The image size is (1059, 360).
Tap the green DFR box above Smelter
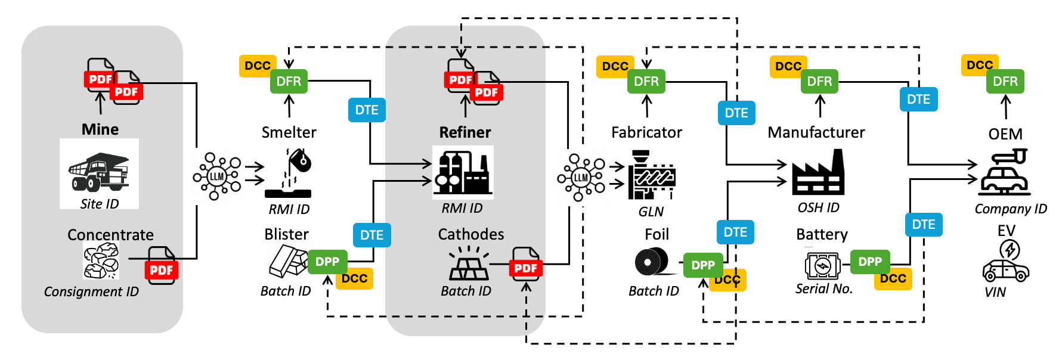[289, 81]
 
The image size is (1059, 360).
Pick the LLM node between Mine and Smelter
[216, 176]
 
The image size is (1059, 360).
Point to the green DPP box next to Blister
[327, 262]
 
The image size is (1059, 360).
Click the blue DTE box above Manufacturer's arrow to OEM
[918, 99]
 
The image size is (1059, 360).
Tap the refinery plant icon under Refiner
[463, 172]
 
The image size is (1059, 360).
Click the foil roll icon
[651, 262]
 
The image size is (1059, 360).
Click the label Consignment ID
[91, 291]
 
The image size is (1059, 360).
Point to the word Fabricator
[646, 132]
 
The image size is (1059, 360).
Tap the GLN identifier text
[651, 212]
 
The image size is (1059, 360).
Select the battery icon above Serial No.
[822, 266]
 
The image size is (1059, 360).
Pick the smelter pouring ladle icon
[289, 173]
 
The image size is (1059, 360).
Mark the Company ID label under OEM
[1011, 209]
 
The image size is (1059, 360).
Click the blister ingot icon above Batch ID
[287, 261]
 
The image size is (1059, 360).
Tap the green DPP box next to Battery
[870, 262]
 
